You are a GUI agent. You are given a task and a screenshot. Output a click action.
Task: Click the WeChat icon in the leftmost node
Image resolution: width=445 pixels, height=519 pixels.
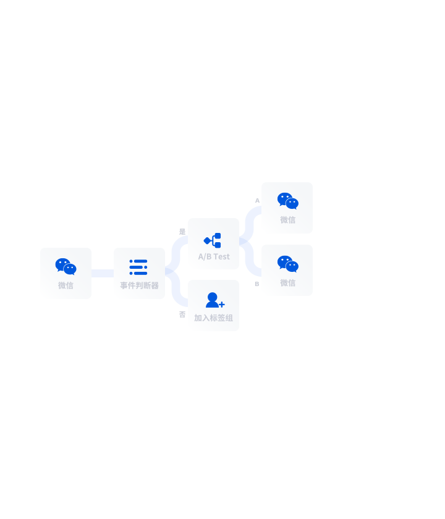(66, 266)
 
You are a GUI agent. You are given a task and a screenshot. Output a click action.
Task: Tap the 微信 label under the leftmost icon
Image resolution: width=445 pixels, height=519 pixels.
(66, 285)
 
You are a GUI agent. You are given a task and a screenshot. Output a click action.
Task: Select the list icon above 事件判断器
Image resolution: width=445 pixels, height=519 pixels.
(138, 267)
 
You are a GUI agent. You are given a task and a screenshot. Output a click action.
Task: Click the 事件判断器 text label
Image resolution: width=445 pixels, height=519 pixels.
(140, 285)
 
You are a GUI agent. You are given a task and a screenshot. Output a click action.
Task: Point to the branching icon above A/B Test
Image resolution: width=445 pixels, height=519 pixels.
(212, 240)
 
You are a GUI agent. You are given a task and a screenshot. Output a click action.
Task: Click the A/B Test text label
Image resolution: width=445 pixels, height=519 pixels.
(214, 256)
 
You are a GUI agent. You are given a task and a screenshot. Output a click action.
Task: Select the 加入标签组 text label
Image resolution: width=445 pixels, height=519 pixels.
(214, 318)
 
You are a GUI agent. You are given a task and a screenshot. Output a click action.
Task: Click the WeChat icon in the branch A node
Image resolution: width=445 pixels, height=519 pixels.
(288, 201)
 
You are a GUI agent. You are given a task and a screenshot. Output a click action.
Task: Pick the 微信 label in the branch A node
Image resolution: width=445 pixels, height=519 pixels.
(288, 220)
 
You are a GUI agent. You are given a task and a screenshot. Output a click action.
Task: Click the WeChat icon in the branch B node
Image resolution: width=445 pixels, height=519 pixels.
(288, 264)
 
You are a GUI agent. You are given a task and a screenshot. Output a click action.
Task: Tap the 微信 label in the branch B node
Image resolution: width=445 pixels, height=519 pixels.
(288, 283)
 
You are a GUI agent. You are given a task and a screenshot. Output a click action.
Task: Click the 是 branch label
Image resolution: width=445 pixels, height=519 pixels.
(182, 232)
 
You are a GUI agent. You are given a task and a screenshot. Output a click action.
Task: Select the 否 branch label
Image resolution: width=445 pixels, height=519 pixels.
(182, 314)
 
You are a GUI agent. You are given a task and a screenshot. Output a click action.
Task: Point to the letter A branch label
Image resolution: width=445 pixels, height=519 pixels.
(257, 201)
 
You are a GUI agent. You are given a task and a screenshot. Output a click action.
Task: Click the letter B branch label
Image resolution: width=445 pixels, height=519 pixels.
(257, 284)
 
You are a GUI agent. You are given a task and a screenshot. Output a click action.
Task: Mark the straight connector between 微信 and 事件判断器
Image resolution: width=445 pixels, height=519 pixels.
(103, 273)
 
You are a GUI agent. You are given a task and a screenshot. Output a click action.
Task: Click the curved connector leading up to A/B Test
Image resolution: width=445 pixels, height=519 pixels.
(176, 254)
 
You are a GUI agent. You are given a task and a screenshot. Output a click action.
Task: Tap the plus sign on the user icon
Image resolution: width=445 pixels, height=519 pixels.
(222, 304)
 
